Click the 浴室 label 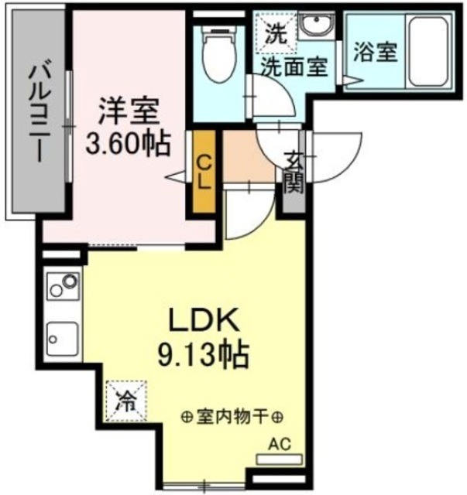pyautogui.click(x=376, y=53)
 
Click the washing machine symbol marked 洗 pyautogui.click(x=275, y=32)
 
